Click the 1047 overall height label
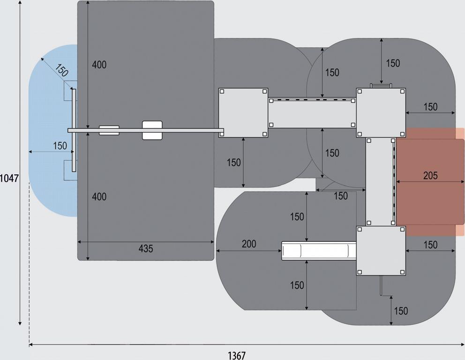pos(9,178)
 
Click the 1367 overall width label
pos(237,355)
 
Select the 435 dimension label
pos(146,249)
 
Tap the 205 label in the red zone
pos(430,176)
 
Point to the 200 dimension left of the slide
pos(249,244)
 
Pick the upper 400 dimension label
pos(99,65)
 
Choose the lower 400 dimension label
pos(99,197)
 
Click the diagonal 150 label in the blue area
pos(61,70)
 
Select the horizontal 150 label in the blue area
pos(60,146)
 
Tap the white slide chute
pos(319,250)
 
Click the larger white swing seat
pos(152,130)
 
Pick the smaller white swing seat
pos(109,130)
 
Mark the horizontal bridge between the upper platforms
pos(312,113)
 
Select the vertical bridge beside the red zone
pos(380,182)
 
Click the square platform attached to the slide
pos(381,251)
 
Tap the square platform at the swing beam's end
pos(243,112)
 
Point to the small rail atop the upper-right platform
pos(381,85)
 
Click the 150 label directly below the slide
pos(297,285)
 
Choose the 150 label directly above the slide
pos(297,217)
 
